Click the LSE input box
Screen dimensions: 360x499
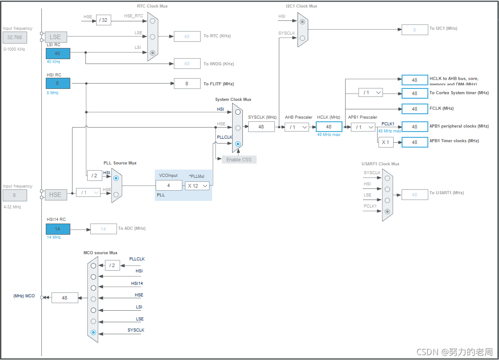[55, 37]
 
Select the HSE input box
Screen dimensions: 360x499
[55, 195]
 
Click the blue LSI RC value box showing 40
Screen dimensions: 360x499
[58, 53]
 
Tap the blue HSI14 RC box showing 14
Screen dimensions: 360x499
[58, 229]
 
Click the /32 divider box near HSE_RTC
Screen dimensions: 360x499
[104, 20]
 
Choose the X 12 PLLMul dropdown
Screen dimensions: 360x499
[197, 186]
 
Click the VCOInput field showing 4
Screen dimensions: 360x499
[169, 186]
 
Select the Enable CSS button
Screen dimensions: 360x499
[239, 160]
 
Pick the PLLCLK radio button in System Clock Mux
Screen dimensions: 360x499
[238, 144]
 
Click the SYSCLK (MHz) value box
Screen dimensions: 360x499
[261, 127]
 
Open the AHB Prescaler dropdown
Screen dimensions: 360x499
[297, 127]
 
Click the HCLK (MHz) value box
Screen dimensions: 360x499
[329, 127]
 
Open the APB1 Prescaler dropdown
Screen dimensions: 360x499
[363, 127]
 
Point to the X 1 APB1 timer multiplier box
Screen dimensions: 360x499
[386, 142]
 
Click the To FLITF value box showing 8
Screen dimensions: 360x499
[187, 84]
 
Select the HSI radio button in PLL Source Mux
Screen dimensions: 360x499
[116, 178]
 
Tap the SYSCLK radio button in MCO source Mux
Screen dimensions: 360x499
[93, 332]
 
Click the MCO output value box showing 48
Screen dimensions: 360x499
[65, 298]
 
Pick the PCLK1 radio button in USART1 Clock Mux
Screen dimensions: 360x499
[387, 212]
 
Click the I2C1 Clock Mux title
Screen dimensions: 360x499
[302, 6]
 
